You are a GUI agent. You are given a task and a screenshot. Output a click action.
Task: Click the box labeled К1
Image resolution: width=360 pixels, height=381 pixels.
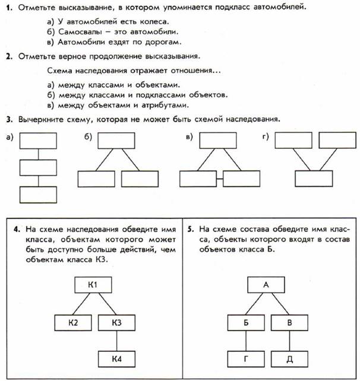(x=91, y=285)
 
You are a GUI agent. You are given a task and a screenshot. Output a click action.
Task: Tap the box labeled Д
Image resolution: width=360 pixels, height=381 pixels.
(x=289, y=359)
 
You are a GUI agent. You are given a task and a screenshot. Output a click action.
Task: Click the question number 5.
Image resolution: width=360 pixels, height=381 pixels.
(x=190, y=228)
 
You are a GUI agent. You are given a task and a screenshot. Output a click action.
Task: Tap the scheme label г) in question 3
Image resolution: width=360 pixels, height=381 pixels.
(x=265, y=137)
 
